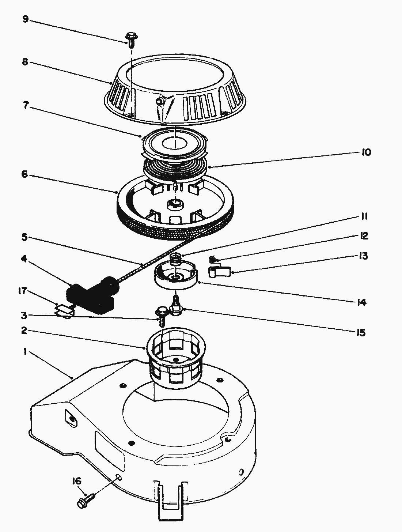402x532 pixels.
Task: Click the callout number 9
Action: coord(26,19)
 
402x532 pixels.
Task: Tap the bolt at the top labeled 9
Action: coord(132,40)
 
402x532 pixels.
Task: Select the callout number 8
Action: coord(25,62)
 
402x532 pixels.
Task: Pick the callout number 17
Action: coord(23,291)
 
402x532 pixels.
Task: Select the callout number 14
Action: coord(362,302)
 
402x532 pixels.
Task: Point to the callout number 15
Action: coord(361,333)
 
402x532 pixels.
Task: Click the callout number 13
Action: coord(363,256)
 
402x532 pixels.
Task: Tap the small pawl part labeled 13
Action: coord(219,271)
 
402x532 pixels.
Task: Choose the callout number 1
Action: coord(25,351)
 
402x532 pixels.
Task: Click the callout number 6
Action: coord(24,174)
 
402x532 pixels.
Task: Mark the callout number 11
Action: coord(364,216)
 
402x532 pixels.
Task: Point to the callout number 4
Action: coord(24,259)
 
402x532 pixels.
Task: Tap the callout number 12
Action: coord(364,236)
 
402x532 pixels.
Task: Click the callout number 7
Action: coord(26,106)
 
